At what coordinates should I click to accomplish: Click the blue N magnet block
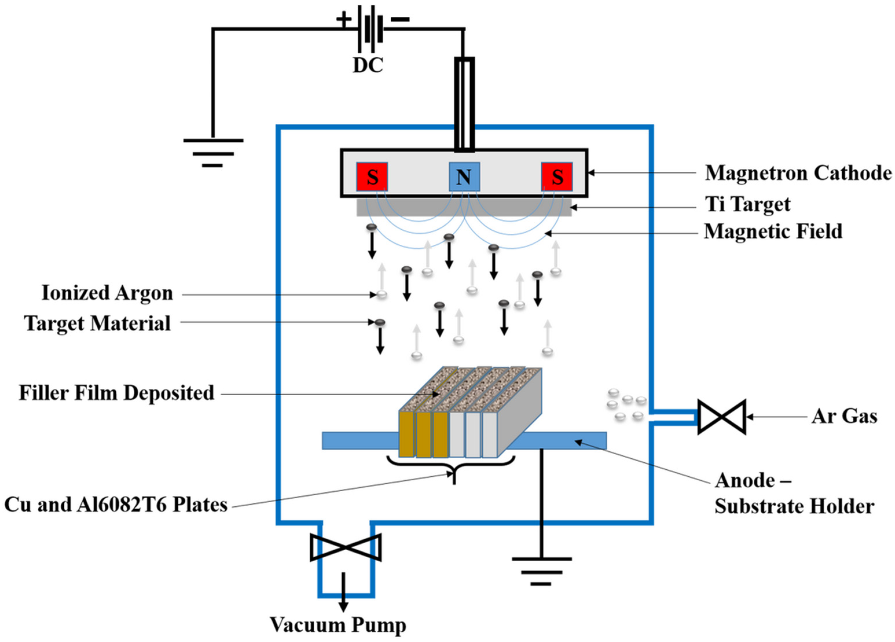pyautogui.click(x=464, y=177)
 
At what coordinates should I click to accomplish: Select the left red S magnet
pyautogui.click(x=372, y=177)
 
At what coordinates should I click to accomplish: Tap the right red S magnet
pyautogui.click(x=557, y=177)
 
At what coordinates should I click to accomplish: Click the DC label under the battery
pyautogui.click(x=368, y=65)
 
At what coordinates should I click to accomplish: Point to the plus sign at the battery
pyautogui.click(x=344, y=19)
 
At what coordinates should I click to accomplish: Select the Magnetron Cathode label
pyautogui.click(x=798, y=173)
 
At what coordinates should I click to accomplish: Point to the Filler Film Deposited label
pyautogui.click(x=116, y=393)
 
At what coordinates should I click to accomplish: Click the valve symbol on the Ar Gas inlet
pyautogui.click(x=722, y=417)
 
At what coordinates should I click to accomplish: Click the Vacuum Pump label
pyautogui.click(x=338, y=625)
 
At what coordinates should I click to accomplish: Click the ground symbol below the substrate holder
pyautogui.click(x=541, y=571)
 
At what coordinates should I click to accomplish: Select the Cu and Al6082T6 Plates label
pyautogui.click(x=116, y=505)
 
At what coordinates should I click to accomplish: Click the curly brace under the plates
pyautogui.click(x=451, y=467)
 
